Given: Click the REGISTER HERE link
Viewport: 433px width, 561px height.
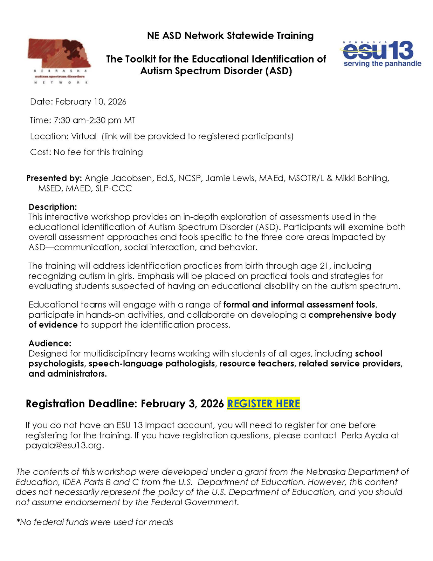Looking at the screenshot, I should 263,404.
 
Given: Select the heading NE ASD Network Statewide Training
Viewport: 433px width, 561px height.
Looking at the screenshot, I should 230,36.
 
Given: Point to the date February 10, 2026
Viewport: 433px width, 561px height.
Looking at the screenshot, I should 91,102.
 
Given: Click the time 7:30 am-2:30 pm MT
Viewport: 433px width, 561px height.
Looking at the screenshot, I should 94,120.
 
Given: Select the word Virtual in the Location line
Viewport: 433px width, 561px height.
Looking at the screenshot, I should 84,136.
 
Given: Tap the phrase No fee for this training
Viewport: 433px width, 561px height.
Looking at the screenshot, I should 98,152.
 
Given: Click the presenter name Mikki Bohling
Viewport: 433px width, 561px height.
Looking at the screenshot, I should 362,178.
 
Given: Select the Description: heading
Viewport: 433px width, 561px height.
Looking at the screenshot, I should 53,207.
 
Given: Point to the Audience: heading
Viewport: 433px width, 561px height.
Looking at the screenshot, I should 50,343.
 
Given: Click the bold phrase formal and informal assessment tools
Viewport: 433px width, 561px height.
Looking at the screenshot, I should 300,304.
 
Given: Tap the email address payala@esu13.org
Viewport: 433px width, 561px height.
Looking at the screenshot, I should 64,446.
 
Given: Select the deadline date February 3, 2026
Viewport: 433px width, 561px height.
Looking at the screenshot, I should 182,404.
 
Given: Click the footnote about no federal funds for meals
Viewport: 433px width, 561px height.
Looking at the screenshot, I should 95,522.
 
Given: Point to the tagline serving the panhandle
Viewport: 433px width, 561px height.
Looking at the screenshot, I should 382,64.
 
